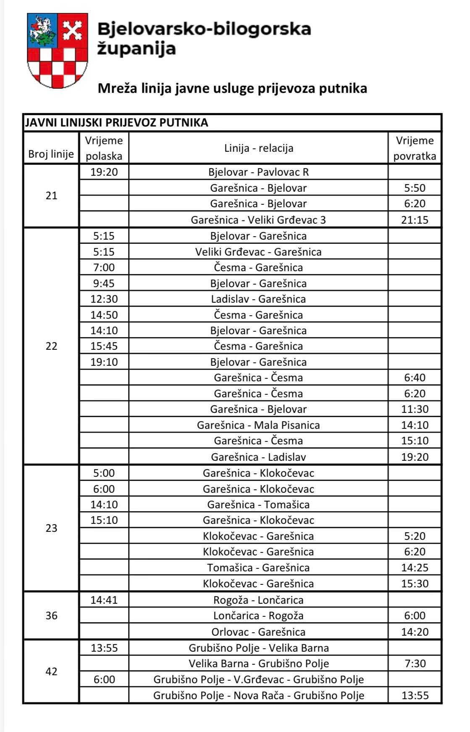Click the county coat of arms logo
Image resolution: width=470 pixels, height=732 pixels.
(x=58, y=50)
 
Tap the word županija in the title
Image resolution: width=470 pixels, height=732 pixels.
(x=137, y=49)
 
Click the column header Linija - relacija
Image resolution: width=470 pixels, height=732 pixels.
(x=258, y=148)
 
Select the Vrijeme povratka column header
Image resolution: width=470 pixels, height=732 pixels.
(x=415, y=148)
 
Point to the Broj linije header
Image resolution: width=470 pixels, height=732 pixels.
(x=51, y=154)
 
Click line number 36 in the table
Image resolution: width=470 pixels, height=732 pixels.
(x=51, y=616)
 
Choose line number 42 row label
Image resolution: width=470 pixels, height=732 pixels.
(x=51, y=671)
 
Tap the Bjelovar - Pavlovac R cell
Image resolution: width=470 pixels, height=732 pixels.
(x=258, y=172)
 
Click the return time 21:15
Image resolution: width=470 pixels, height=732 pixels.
(x=415, y=219)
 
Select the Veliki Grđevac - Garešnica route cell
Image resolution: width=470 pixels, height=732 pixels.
(x=258, y=252)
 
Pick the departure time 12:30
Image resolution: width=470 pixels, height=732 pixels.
(x=104, y=299)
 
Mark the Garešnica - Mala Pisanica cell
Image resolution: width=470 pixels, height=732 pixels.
(x=258, y=425)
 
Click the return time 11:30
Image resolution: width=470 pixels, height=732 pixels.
(x=415, y=409)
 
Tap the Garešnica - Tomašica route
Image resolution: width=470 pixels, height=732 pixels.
(x=258, y=505)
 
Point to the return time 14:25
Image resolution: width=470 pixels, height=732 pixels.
(x=415, y=568)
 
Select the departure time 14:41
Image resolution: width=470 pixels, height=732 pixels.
(x=104, y=600)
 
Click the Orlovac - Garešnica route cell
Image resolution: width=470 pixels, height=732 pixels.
(x=258, y=632)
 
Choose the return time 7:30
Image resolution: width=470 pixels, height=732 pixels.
(x=415, y=663)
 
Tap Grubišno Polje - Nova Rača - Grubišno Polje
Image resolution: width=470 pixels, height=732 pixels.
(x=258, y=695)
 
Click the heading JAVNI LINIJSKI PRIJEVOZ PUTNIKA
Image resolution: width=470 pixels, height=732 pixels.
(x=117, y=122)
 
